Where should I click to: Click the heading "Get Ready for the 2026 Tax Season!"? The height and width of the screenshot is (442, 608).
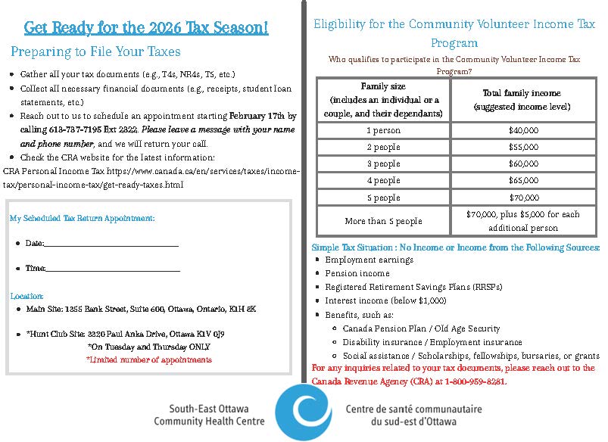point(146,29)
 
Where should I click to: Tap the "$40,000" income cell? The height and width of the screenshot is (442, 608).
point(523,130)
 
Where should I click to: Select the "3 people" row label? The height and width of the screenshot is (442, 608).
point(383,163)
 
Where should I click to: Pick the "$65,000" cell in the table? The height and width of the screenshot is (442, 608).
point(523,180)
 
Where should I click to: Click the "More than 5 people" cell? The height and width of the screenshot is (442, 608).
point(383,221)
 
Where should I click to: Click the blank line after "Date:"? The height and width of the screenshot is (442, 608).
point(112,244)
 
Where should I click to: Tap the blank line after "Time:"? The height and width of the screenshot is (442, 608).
point(114,269)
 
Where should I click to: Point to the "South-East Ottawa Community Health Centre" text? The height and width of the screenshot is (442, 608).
point(210,414)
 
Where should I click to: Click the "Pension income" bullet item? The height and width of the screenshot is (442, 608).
point(357,273)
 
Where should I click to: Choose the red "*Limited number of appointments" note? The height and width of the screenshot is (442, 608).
point(148,360)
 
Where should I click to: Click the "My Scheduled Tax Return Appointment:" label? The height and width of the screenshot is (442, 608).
point(82,218)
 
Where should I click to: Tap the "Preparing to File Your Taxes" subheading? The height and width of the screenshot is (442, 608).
point(95,52)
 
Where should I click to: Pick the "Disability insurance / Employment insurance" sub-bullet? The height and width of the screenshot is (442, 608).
point(432,342)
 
